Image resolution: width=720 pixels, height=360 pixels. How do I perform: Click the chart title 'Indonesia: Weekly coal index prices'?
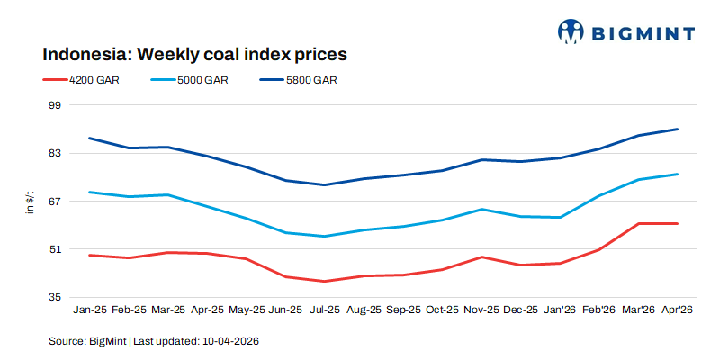point(194,54)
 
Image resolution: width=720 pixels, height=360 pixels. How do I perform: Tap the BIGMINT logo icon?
point(571,32)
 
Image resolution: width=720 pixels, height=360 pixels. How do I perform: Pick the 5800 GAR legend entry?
point(311,80)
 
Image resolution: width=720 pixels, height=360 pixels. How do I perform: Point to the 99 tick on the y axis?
point(53,105)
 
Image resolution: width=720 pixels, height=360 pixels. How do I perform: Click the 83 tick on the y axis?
point(53,153)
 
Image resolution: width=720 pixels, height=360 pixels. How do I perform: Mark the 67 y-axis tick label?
point(53,201)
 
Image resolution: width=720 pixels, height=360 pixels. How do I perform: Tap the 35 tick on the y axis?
point(53,297)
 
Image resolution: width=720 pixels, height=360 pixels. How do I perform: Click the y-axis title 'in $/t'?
point(30,202)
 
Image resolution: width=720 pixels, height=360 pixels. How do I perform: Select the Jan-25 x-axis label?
point(89,310)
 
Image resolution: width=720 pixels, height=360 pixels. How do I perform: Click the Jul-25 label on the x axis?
point(325,310)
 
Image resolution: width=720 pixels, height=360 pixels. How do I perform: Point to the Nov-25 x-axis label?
point(481,310)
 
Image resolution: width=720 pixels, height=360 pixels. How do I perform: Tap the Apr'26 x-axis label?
point(678,310)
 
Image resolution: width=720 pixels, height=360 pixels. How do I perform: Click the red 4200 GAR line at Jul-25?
point(325,281)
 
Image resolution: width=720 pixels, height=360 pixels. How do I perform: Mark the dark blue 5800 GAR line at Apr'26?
point(678,130)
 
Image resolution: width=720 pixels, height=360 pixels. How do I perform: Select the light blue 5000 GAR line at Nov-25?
point(481,210)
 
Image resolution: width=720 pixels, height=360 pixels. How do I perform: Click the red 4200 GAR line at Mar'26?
point(638,223)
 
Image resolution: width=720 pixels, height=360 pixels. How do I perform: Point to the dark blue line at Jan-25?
point(89,139)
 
